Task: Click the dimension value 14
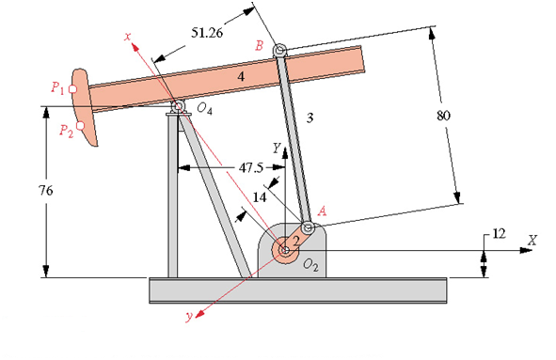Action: click(260, 197)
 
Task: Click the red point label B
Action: click(260, 43)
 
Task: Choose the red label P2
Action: click(65, 131)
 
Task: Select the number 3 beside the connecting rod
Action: click(310, 117)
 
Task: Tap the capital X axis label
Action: click(532, 239)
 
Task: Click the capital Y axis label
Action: click(276, 149)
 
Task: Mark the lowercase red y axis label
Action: click(189, 317)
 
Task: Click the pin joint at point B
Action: click(279, 50)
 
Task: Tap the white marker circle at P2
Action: click(82, 125)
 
